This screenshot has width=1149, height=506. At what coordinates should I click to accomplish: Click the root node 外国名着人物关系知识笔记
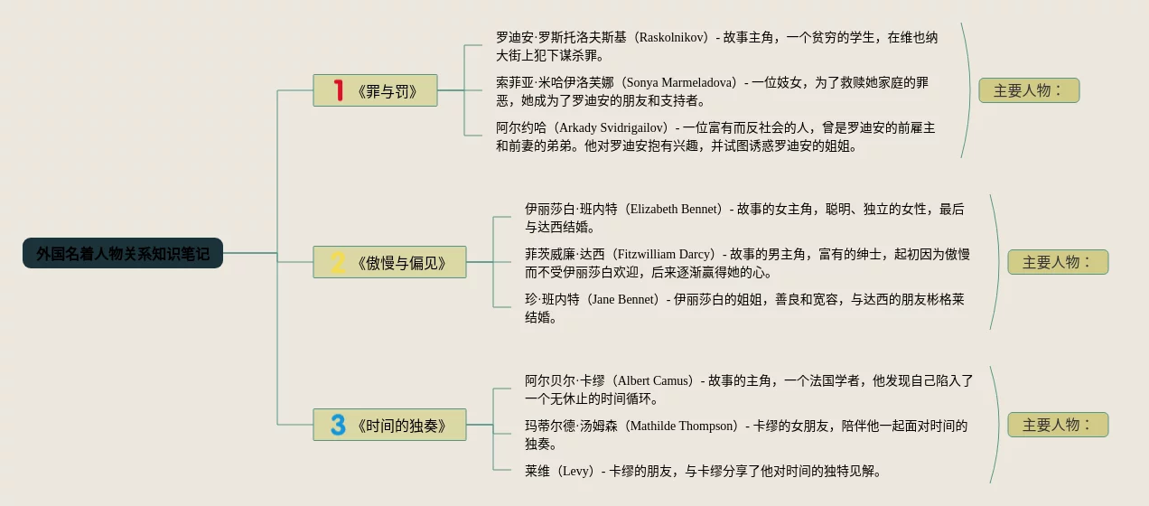pyautogui.click(x=123, y=254)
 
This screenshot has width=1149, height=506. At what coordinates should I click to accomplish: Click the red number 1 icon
pyautogui.click(x=339, y=90)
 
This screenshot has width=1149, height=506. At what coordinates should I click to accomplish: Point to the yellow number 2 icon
pyautogui.click(x=339, y=262)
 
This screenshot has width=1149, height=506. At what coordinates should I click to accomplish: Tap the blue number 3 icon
pyautogui.click(x=339, y=425)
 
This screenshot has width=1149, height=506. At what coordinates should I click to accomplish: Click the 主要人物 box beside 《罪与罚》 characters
pyautogui.click(x=1029, y=90)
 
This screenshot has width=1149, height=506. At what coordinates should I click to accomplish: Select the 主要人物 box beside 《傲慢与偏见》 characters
pyautogui.click(x=1058, y=262)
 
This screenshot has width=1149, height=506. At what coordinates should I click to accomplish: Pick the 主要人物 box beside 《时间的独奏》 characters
pyautogui.click(x=1058, y=425)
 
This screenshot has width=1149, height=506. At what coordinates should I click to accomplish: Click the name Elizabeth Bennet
pyautogui.click(x=675, y=210)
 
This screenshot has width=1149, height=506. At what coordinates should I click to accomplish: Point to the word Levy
pyautogui.click(x=577, y=472)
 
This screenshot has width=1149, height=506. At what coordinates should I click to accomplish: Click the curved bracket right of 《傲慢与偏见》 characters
pyautogui.click(x=997, y=262)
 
